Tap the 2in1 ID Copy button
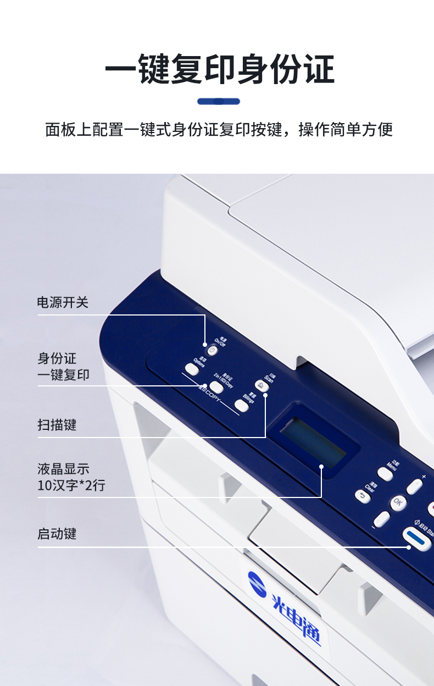point(216,388)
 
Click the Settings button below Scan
point(241,406)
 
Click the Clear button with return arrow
point(363,496)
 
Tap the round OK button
point(398,502)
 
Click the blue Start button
point(418,539)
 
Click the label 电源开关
point(63,302)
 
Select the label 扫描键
point(57,425)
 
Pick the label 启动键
point(57,534)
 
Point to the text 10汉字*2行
point(71,485)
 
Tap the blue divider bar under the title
point(218,101)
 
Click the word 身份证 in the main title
point(286,70)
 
